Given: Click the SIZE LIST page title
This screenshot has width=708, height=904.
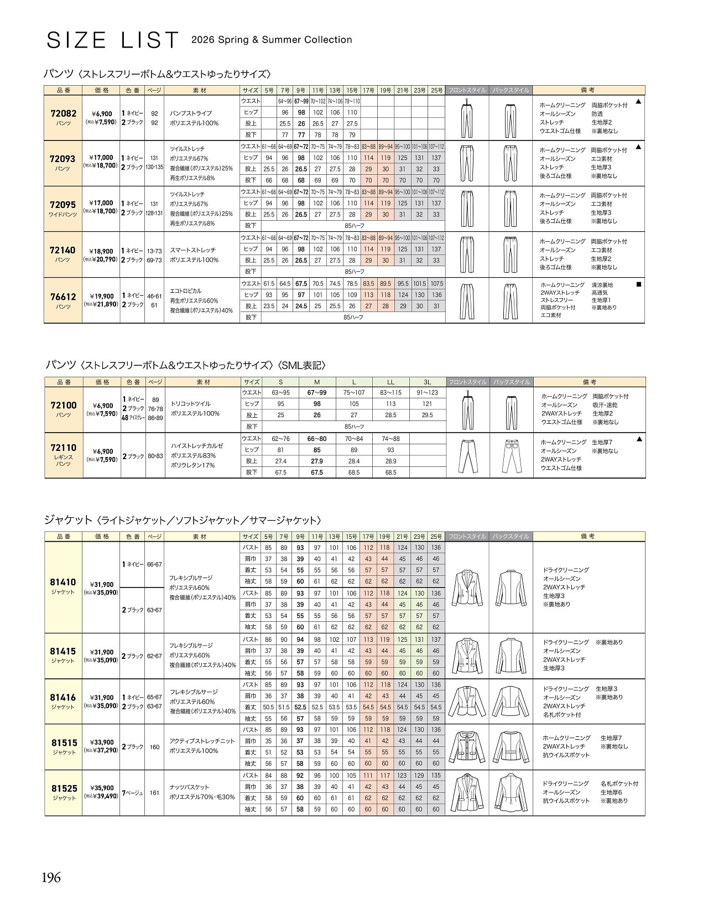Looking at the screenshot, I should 113,40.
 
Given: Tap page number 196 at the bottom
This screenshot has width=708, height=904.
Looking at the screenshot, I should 51,877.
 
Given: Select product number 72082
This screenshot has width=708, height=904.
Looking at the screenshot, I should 64,113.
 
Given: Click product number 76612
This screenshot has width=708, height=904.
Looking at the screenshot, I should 63,297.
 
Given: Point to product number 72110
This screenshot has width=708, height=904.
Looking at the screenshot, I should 64,448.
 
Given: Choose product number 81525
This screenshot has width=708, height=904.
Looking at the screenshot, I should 64,788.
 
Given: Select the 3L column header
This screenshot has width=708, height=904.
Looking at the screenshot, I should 427,382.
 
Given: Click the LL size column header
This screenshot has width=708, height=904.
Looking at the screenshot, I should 391,382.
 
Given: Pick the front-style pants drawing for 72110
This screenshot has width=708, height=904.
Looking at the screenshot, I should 467,455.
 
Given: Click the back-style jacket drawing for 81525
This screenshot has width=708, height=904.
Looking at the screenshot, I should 511,793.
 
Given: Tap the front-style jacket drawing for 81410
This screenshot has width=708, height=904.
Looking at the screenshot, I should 467,588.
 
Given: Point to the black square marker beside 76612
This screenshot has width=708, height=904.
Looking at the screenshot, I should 638,284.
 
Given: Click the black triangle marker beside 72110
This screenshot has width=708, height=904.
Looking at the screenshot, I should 639,439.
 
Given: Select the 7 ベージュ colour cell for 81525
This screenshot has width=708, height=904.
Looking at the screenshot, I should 133,793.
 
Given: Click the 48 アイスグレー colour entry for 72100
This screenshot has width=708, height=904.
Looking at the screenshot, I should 133,418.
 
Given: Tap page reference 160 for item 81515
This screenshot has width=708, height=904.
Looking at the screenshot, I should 154,747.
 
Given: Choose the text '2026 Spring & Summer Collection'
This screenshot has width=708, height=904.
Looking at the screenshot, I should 272,40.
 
